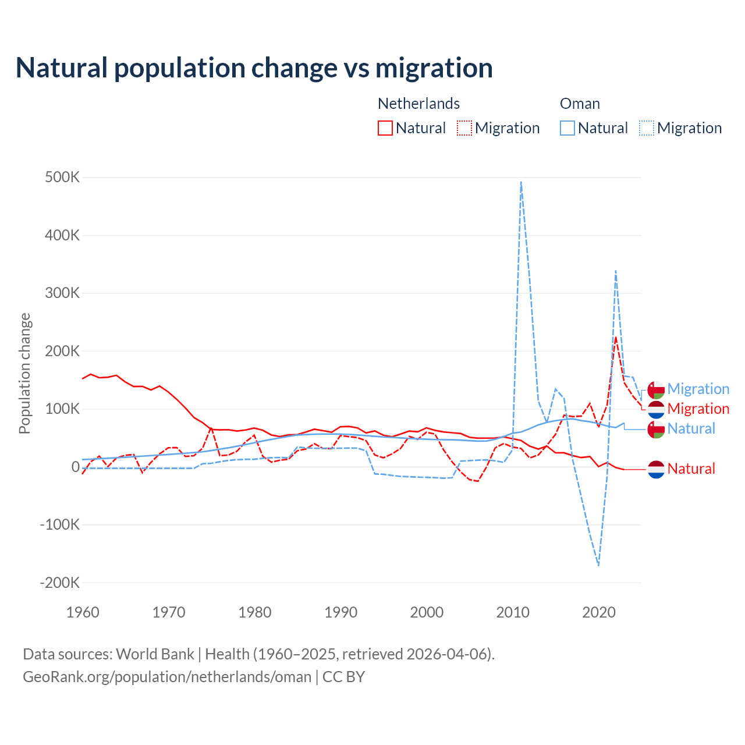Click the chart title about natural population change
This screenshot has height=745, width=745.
[x=254, y=68]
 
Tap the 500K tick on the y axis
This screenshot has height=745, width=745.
[x=62, y=177]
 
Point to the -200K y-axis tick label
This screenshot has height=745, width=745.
[x=59, y=583]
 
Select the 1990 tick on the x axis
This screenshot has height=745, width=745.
[x=340, y=612]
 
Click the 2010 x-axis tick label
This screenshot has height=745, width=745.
[x=513, y=612]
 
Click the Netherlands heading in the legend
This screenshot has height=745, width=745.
[x=418, y=104]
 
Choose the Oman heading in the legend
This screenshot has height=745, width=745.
[x=580, y=104]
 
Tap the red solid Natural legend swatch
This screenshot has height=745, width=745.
[x=385, y=128]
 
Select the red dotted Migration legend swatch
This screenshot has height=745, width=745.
[x=464, y=128]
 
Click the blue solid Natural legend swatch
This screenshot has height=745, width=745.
[x=567, y=128]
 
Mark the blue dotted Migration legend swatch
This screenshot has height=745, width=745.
[x=647, y=128]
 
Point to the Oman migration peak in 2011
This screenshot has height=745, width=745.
[x=521, y=182]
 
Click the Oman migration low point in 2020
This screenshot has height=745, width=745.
[x=598, y=565]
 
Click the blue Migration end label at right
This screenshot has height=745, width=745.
[x=698, y=389]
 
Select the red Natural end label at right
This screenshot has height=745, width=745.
[x=691, y=469]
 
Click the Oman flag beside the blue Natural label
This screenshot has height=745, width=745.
[x=656, y=429]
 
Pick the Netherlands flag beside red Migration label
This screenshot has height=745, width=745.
[x=656, y=409]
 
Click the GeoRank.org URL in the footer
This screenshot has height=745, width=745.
[x=167, y=677]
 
